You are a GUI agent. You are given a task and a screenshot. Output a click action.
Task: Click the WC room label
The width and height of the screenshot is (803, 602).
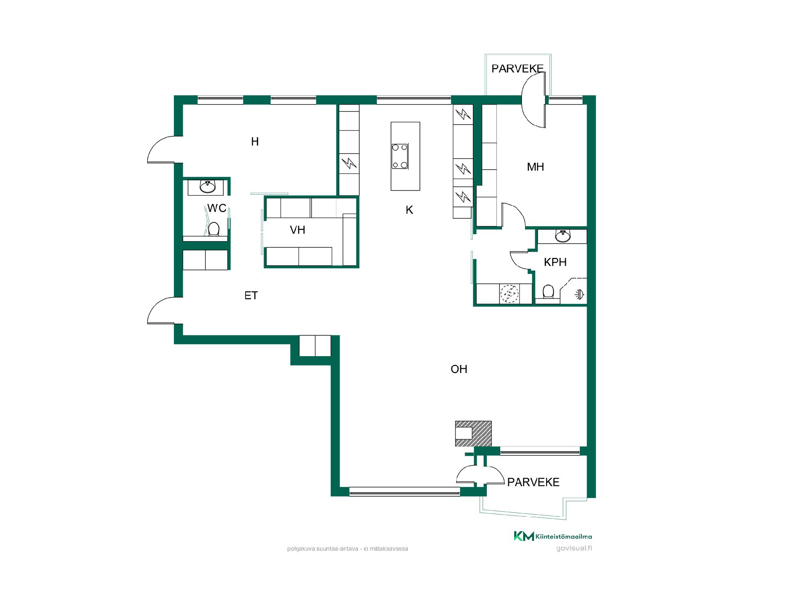coord(217,208)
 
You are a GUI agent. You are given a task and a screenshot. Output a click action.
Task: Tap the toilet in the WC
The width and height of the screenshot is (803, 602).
coord(214,229)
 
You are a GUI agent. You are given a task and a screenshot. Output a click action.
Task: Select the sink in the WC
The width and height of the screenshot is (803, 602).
coord(207,186)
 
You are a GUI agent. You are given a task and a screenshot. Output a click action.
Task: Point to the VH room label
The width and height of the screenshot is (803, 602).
coord(297,230)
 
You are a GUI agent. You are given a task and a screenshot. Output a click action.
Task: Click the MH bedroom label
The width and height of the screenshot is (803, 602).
coord(535,167)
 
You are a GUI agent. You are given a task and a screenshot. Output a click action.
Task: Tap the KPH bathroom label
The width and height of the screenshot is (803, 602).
coord(555,262)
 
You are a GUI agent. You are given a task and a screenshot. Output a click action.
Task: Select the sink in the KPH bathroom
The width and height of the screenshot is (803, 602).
coord(563,236)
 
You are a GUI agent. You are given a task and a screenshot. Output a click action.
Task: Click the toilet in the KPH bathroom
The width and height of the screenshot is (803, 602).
coord(548,292)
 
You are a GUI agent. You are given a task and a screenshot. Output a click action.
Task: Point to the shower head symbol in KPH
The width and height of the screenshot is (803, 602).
coord(580,294)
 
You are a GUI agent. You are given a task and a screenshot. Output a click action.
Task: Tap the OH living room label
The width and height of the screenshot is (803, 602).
coord(459,369)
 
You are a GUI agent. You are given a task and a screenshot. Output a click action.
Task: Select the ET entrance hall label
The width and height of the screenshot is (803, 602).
coord(251,296)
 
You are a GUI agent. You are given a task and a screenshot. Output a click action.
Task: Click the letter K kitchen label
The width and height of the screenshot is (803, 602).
coord(409,210)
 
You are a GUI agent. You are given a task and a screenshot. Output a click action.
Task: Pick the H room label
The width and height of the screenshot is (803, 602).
coord(255,142)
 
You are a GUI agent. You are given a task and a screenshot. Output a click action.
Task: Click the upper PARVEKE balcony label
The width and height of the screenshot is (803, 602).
coord(517,69)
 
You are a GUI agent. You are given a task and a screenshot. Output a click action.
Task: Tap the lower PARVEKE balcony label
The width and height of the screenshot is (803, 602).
coord(533,482)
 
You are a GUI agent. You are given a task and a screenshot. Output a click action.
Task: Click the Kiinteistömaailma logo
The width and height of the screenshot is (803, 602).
coord(553,536)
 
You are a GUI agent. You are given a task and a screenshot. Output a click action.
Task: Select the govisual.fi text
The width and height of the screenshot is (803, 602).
coord(574,548)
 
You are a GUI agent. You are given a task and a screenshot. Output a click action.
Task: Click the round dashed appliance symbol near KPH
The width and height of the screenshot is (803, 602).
coord(509,294)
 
